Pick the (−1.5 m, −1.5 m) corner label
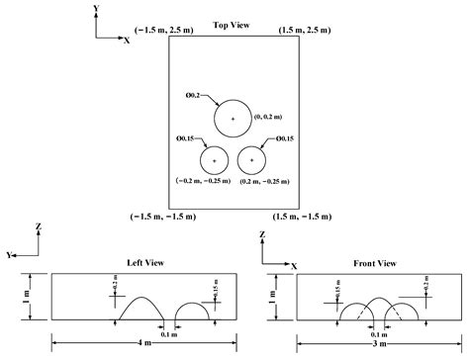[159, 215]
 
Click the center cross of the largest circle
[234, 119]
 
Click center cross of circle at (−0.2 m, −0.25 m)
[214, 160]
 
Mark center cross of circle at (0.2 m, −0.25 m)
[253, 160]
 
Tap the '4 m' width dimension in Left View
[144, 342]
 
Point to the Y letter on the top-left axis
[95, 8]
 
